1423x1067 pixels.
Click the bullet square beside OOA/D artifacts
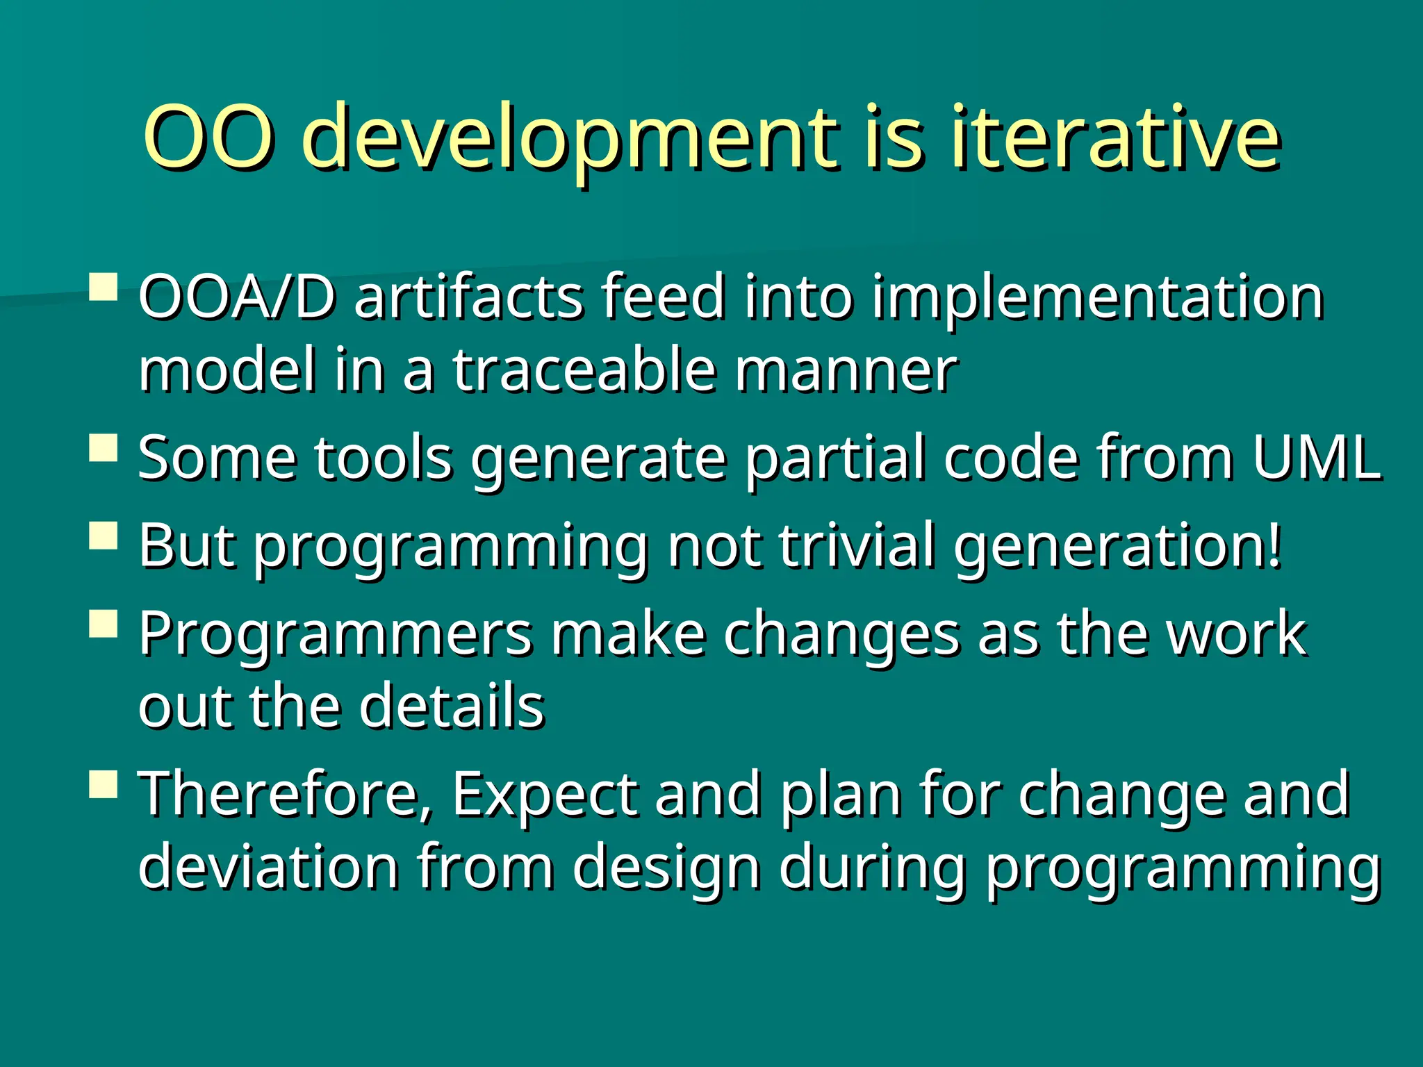pos(104,286)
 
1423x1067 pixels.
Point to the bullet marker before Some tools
pos(104,448)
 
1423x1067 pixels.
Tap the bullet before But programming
pos(104,536)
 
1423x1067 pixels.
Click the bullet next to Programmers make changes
pos(104,623)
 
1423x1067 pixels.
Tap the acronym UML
pos(1317,458)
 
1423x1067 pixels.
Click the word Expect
pos(545,796)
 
